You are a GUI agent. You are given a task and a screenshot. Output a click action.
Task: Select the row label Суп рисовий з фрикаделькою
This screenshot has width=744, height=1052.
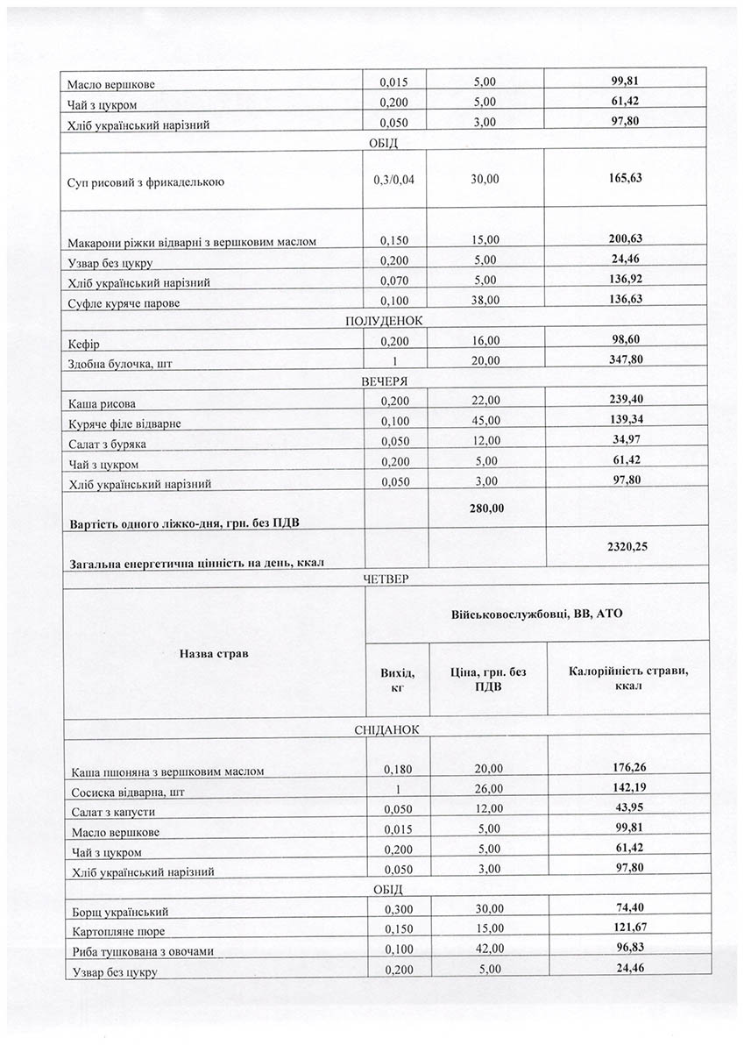[x=145, y=183]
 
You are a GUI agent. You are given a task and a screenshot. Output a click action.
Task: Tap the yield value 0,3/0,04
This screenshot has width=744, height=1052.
[x=396, y=179]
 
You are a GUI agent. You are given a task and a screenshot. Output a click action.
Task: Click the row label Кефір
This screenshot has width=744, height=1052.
[x=82, y=345]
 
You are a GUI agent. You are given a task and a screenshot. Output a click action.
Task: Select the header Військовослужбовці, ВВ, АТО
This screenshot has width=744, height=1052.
[x=535, y=615]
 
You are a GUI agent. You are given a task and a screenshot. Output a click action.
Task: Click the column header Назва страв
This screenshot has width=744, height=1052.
[x=213, y=653]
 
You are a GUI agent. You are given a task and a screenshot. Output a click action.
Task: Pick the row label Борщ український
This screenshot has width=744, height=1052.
[x=118, y=913]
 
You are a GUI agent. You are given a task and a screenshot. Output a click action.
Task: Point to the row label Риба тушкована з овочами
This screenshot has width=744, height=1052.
[x=140, y=952]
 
